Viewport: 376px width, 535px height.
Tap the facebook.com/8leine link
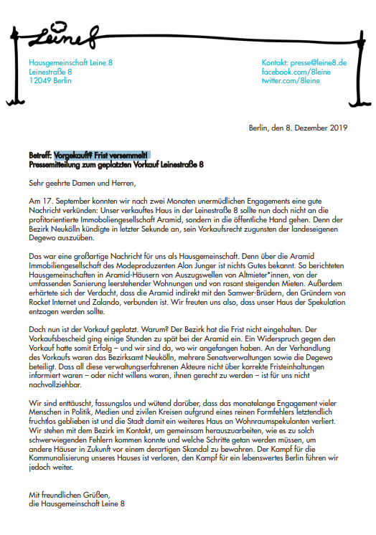296,72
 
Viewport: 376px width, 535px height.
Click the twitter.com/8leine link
291,82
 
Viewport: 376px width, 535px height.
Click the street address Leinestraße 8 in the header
50,72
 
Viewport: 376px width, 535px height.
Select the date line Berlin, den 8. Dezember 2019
298,128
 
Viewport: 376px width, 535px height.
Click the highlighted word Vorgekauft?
73,155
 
